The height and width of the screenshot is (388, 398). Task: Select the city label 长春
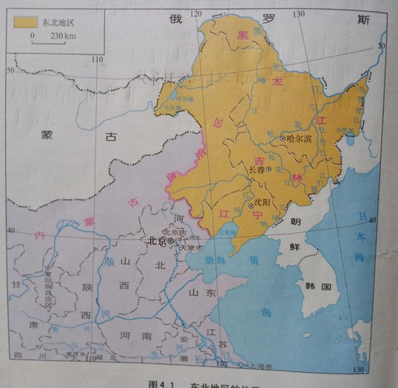(257, 170)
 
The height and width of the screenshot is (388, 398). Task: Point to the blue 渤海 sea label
(216, 260)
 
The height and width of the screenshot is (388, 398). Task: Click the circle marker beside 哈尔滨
(283, 139)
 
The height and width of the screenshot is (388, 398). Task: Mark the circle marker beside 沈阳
(251, 206)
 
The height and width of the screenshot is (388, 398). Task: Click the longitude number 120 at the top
(196, 13)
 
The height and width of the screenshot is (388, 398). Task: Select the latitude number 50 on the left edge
(10, 70)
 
